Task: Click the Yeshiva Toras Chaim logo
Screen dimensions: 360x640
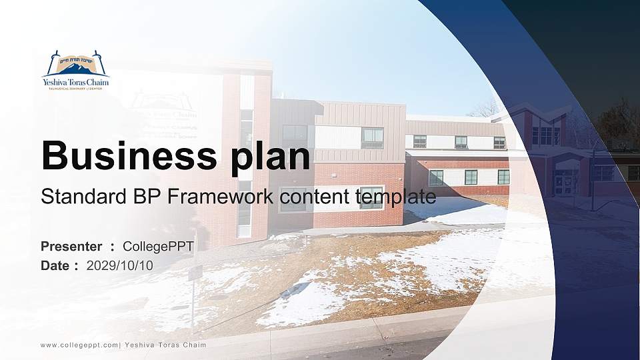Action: click(x=75, y=71)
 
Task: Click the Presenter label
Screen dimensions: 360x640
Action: click(x=71, y=247)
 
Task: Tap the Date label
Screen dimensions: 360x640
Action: click(x=55, y=265)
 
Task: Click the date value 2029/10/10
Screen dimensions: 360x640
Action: click(x=120, y=265)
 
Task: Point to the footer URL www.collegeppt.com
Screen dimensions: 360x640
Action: click(x=79, y=345)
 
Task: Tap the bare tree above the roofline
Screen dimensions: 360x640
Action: click(x=487, y=107)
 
